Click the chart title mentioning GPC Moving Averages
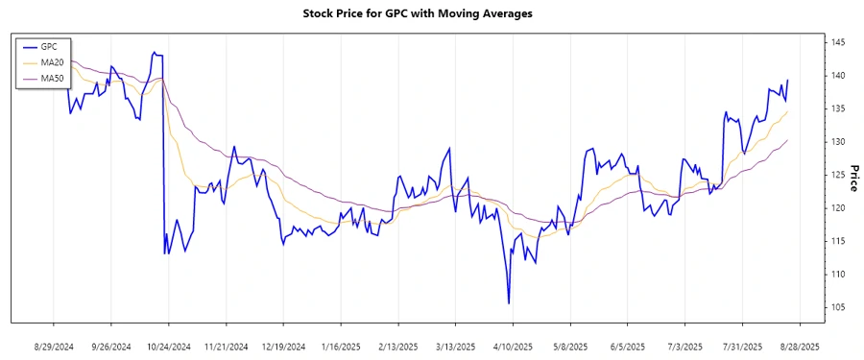tap(431, 13)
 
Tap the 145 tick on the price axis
tap(839, 43)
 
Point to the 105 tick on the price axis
tap(839, 307)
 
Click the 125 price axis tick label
tap(839, 175)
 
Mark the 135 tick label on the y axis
tap(839, 109)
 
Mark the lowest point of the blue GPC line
tap(509, 303)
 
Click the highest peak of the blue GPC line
tap(154, 52)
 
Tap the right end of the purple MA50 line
tap(788, 140)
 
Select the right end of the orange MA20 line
tap(788, 111)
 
